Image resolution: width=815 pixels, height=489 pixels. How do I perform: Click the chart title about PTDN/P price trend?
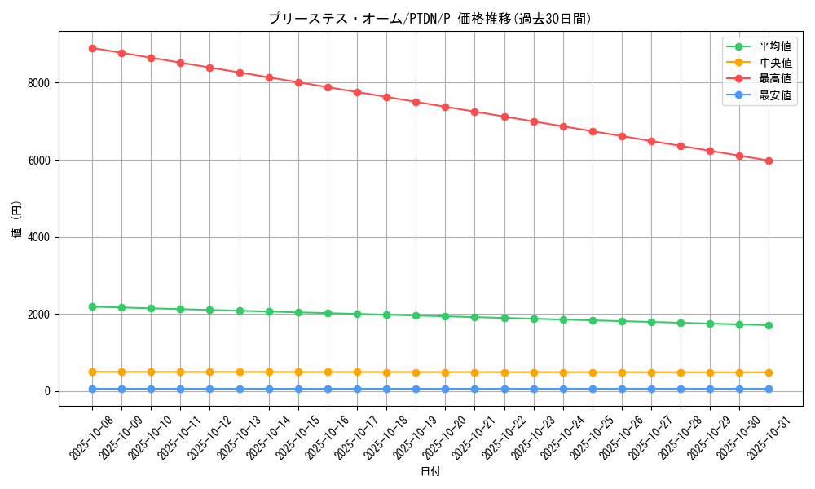pyautogui.click(x=430, y=19)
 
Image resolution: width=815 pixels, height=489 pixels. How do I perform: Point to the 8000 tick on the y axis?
pyautogui.click(x=38, y=83)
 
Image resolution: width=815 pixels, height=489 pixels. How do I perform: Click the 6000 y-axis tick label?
pyautogui.click(x=38, y=161)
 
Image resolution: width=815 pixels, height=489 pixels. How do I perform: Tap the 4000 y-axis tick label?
pyautogui.click(x=38, y=237)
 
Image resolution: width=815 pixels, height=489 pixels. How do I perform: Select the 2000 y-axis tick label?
pyautogui.click(x=38, y=315)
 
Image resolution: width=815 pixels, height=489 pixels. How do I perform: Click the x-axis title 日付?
pyautogui.click(x=430, y=472)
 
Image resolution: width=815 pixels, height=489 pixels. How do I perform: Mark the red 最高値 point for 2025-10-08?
pyautogui.click(x=92, y=48)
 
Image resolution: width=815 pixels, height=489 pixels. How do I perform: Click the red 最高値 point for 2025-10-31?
pyautogui.click(x=769, y=161)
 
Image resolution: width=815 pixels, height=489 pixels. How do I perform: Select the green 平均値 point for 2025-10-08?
pyautogui.click(x=92, y=306)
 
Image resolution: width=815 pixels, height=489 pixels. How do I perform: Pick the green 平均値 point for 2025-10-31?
pyautogui.click(x=769, y=325)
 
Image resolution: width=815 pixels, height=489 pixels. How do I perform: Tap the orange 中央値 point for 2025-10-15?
pyautogui.click(x=298, y=372)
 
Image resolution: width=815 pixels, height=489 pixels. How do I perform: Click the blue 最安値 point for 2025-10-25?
pyautogui.click(x=593, y=389)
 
